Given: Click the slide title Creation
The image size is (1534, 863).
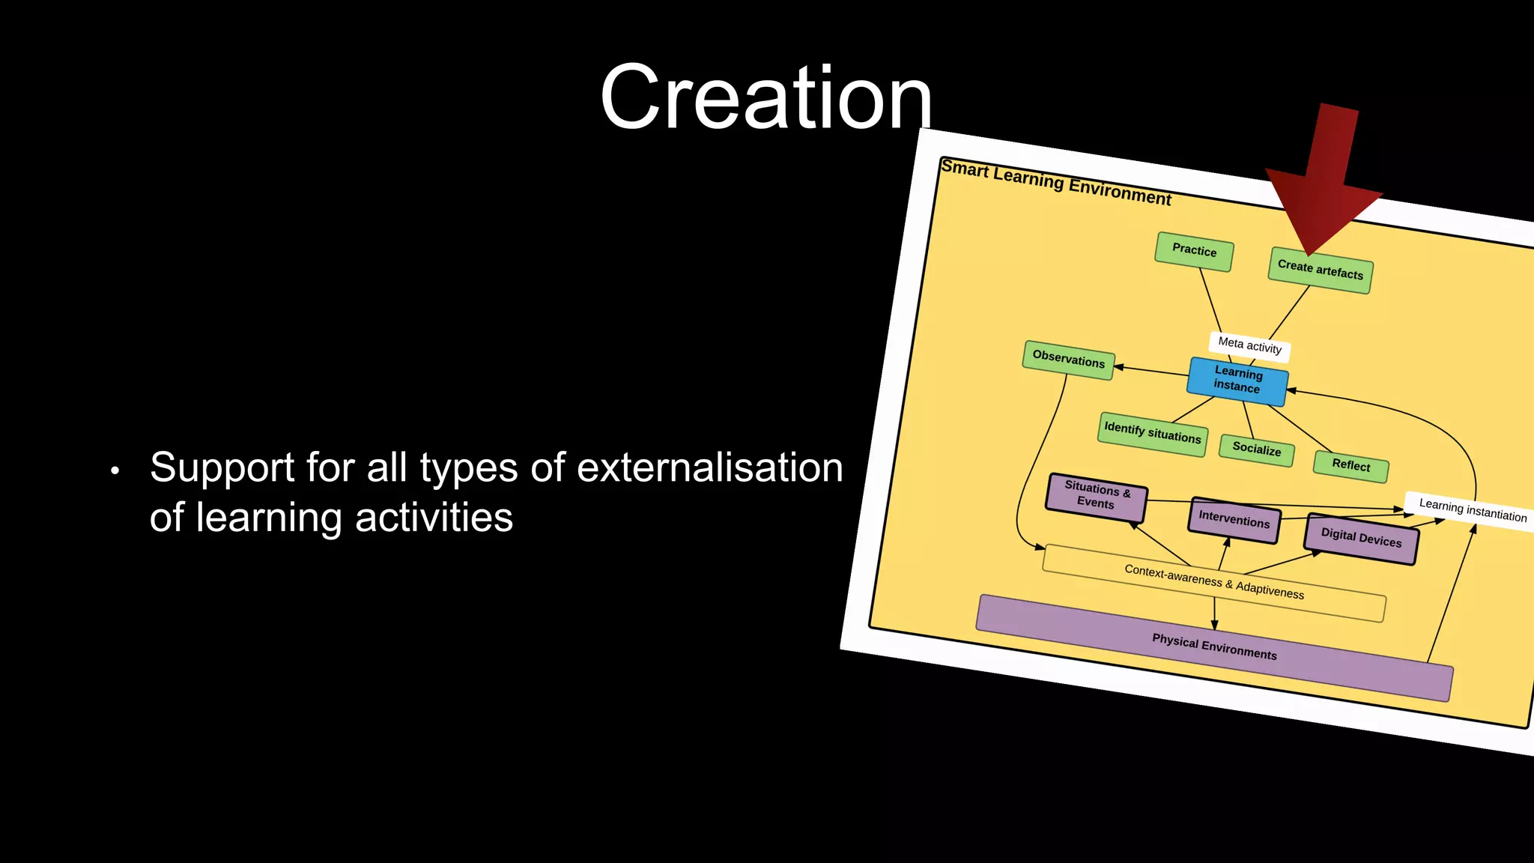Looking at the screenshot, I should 766,98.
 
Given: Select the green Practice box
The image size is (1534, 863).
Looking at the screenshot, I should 1194,251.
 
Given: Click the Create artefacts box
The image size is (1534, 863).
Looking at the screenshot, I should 1320,270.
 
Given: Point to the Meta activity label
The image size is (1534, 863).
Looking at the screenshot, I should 1249,345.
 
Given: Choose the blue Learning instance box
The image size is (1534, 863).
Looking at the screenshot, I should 1237,380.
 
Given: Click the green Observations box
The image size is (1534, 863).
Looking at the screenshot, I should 1068,360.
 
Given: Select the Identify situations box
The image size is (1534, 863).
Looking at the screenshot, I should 1152,433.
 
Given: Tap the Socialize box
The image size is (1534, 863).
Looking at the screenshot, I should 1256,449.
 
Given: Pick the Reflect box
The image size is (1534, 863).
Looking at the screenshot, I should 1350,465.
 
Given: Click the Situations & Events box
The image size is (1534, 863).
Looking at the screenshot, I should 1096,496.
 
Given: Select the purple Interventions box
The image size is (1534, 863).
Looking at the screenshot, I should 1234,519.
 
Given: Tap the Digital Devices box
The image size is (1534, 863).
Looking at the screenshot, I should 1360,538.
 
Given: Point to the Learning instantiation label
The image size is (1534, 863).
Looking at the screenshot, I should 1472,510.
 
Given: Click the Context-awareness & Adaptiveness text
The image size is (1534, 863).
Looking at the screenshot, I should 1213,582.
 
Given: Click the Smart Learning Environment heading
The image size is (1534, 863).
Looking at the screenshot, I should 1055,182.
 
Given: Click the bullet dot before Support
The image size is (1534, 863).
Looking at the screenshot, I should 115,471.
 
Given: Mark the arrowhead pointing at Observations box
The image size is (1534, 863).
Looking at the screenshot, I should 1119,366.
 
